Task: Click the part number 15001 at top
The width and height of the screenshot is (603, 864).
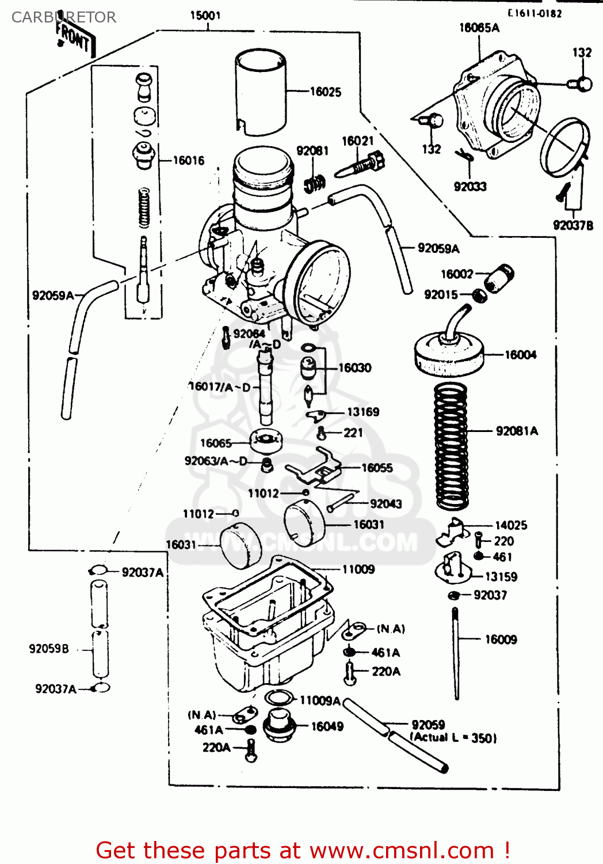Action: [205, 16]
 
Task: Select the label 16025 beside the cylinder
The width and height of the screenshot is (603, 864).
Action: [325, 92]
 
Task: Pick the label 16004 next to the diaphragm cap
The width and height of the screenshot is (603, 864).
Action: [520, 355]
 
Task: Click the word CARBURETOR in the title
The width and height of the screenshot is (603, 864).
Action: [64, 17]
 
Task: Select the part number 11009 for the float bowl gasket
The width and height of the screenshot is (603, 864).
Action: [358, 570]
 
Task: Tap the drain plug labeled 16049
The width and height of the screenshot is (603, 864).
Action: [279, 725]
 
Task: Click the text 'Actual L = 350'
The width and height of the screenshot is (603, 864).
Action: [453, 738]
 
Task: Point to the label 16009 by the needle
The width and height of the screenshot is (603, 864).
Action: [501, 639]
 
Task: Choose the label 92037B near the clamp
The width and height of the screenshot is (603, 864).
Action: [573, 225]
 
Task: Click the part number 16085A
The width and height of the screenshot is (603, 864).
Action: [479, 28]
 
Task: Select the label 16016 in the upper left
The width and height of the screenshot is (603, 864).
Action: [189, 161]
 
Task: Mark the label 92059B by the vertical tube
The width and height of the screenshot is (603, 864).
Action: [49, 649]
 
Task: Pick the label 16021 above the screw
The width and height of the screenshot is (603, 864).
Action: [357, 141]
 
